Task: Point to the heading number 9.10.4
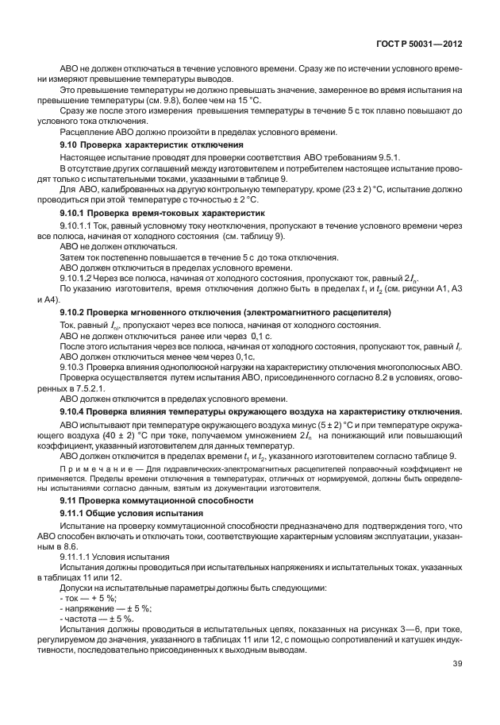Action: [x=76, y=411]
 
